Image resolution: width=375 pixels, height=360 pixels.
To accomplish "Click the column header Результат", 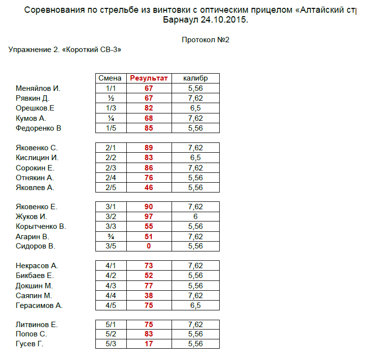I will click(148, 78).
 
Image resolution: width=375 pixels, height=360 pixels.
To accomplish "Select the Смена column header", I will click(110, 78).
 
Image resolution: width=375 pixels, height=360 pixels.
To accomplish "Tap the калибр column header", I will click(195, 78).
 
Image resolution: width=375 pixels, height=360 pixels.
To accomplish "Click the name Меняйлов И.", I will click(38, 88).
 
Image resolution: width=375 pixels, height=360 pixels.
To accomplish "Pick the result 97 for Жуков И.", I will click(148, 217).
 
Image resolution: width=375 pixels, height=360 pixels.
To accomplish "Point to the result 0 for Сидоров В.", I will click(148, 246).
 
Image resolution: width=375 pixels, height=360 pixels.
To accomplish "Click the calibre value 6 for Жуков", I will click(195, 217).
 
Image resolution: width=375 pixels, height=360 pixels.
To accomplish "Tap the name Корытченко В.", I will click(41, 226).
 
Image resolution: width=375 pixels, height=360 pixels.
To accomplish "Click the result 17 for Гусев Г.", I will click(148, 344).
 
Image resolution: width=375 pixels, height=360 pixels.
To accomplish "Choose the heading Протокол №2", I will click(205, 40).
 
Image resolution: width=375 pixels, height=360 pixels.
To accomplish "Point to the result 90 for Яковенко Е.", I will click(148, 207).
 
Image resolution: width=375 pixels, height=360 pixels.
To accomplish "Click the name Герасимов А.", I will click(39, 305).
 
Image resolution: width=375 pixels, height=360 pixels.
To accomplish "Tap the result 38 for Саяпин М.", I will click(148, 296).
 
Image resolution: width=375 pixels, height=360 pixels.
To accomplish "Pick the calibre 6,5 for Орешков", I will click(195, 108).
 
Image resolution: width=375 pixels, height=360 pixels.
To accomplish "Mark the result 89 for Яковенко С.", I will click(148, 148).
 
